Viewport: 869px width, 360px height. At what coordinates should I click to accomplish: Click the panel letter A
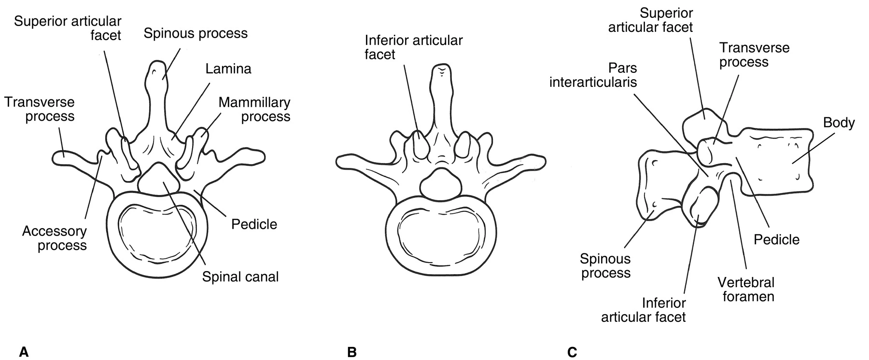[24, 352]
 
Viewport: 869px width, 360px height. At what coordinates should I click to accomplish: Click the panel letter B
[352, 352]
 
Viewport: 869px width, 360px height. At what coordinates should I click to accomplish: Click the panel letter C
[572, 352]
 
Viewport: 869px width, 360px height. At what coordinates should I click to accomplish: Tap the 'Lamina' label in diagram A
[228, 69]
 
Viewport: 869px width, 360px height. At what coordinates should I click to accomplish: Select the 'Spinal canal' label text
[240, 277]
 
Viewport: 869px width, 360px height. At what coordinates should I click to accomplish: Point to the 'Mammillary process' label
[254, 110]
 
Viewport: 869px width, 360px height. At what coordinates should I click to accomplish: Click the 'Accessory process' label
[55, 238]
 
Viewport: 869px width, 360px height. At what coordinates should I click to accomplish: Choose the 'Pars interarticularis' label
[593, 75]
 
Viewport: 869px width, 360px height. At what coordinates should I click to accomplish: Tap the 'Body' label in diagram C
[839, 123]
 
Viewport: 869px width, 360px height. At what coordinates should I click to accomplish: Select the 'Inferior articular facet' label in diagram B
[414, 47]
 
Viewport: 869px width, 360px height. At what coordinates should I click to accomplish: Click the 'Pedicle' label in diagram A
[254, 224]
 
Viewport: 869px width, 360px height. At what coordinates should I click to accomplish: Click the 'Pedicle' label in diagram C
[776, 239]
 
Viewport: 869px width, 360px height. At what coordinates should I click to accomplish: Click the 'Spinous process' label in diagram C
[605, 266]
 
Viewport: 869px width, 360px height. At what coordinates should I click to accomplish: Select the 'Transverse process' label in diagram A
[40, 110]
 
